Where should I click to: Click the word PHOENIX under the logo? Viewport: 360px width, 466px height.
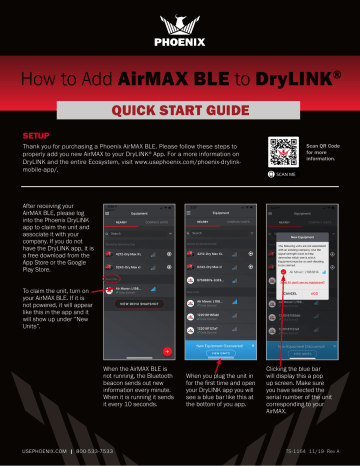point(180,45)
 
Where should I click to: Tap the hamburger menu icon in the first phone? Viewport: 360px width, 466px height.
point(111,212)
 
